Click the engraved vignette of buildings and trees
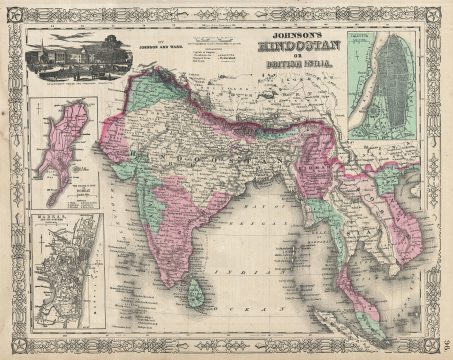(71, 59)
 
